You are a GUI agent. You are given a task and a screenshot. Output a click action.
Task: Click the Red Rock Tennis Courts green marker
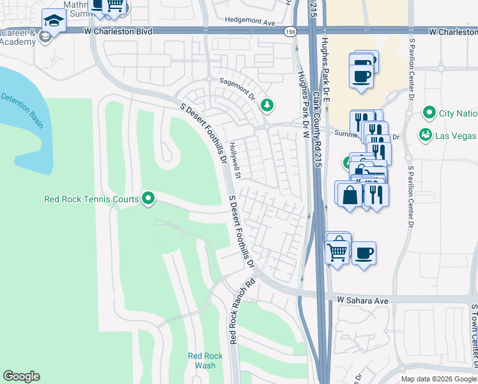(x=148, y=199)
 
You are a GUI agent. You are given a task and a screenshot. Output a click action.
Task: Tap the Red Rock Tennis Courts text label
(x=91, y=199)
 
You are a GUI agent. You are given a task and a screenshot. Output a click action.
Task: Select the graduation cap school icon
(x=54, y=21)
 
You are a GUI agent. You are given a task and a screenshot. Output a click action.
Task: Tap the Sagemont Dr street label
(x=236, y=90)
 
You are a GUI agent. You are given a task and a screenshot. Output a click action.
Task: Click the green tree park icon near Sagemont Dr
(x=267, y=105)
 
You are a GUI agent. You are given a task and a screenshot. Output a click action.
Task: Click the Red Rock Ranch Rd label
(x=242, y=310)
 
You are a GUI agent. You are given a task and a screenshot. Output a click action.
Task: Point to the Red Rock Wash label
(x=204, y=360)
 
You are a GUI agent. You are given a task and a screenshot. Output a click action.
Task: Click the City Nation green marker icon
(x=428, y=113)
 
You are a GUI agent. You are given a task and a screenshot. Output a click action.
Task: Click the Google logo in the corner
(x=21, y=376)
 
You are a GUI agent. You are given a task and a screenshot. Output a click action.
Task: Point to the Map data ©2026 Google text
(x=438, y=379)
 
